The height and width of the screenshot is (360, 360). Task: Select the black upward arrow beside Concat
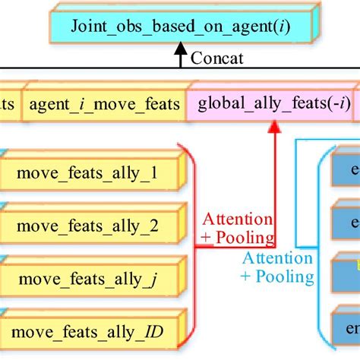pyautogui.click(x=180, y=55)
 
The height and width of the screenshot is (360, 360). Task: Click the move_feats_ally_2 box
pyautogui.click(x=87, y=226)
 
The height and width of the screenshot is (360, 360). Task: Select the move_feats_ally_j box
pyautogui.click(x=87, y=278)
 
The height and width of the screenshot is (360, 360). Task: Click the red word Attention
pyautogui.click(x=236, y=219)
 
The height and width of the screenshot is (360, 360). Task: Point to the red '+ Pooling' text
pyautogui.click(x=236, y=237)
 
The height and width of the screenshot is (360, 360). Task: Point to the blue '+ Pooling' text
pyautogui.click(x=278, y=276)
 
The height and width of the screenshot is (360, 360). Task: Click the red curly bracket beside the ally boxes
pyautogui.click(x=192, y=243)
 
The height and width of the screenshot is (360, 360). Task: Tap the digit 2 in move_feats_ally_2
pyautogui.click(x=154, y=226)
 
